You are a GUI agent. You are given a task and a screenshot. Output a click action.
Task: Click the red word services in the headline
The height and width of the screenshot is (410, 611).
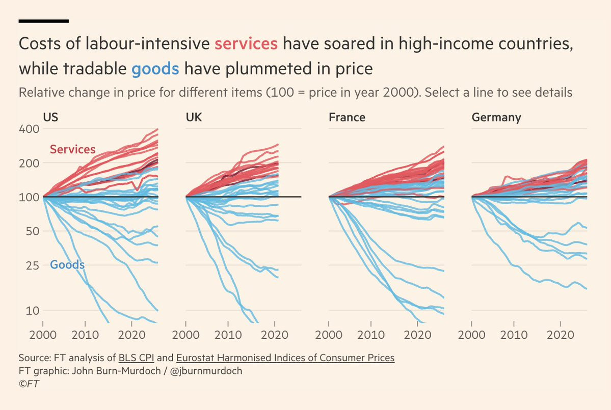click(246, 43)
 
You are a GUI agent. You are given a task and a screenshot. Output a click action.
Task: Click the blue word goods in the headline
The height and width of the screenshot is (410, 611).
click(155, 68)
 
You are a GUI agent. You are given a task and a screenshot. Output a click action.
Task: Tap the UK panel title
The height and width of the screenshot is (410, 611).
click(194, 118)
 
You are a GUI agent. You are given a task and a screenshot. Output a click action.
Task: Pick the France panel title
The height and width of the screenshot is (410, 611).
click(347, 118)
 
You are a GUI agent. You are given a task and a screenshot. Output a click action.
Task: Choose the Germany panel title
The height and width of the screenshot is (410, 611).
click(496, 118)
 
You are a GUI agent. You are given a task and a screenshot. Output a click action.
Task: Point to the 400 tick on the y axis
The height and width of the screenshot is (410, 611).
click(30, 129)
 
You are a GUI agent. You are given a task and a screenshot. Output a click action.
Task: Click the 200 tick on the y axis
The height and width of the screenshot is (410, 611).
click(30, 163)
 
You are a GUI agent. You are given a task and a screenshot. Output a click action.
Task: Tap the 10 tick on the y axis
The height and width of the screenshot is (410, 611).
click(33, 310)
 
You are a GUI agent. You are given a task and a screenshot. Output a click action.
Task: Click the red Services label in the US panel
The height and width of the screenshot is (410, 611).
click(72, 150)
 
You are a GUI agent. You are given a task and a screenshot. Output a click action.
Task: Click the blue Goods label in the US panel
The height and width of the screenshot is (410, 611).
click(67, 265)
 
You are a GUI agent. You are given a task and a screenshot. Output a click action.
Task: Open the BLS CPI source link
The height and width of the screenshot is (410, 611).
click(136, 358)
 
